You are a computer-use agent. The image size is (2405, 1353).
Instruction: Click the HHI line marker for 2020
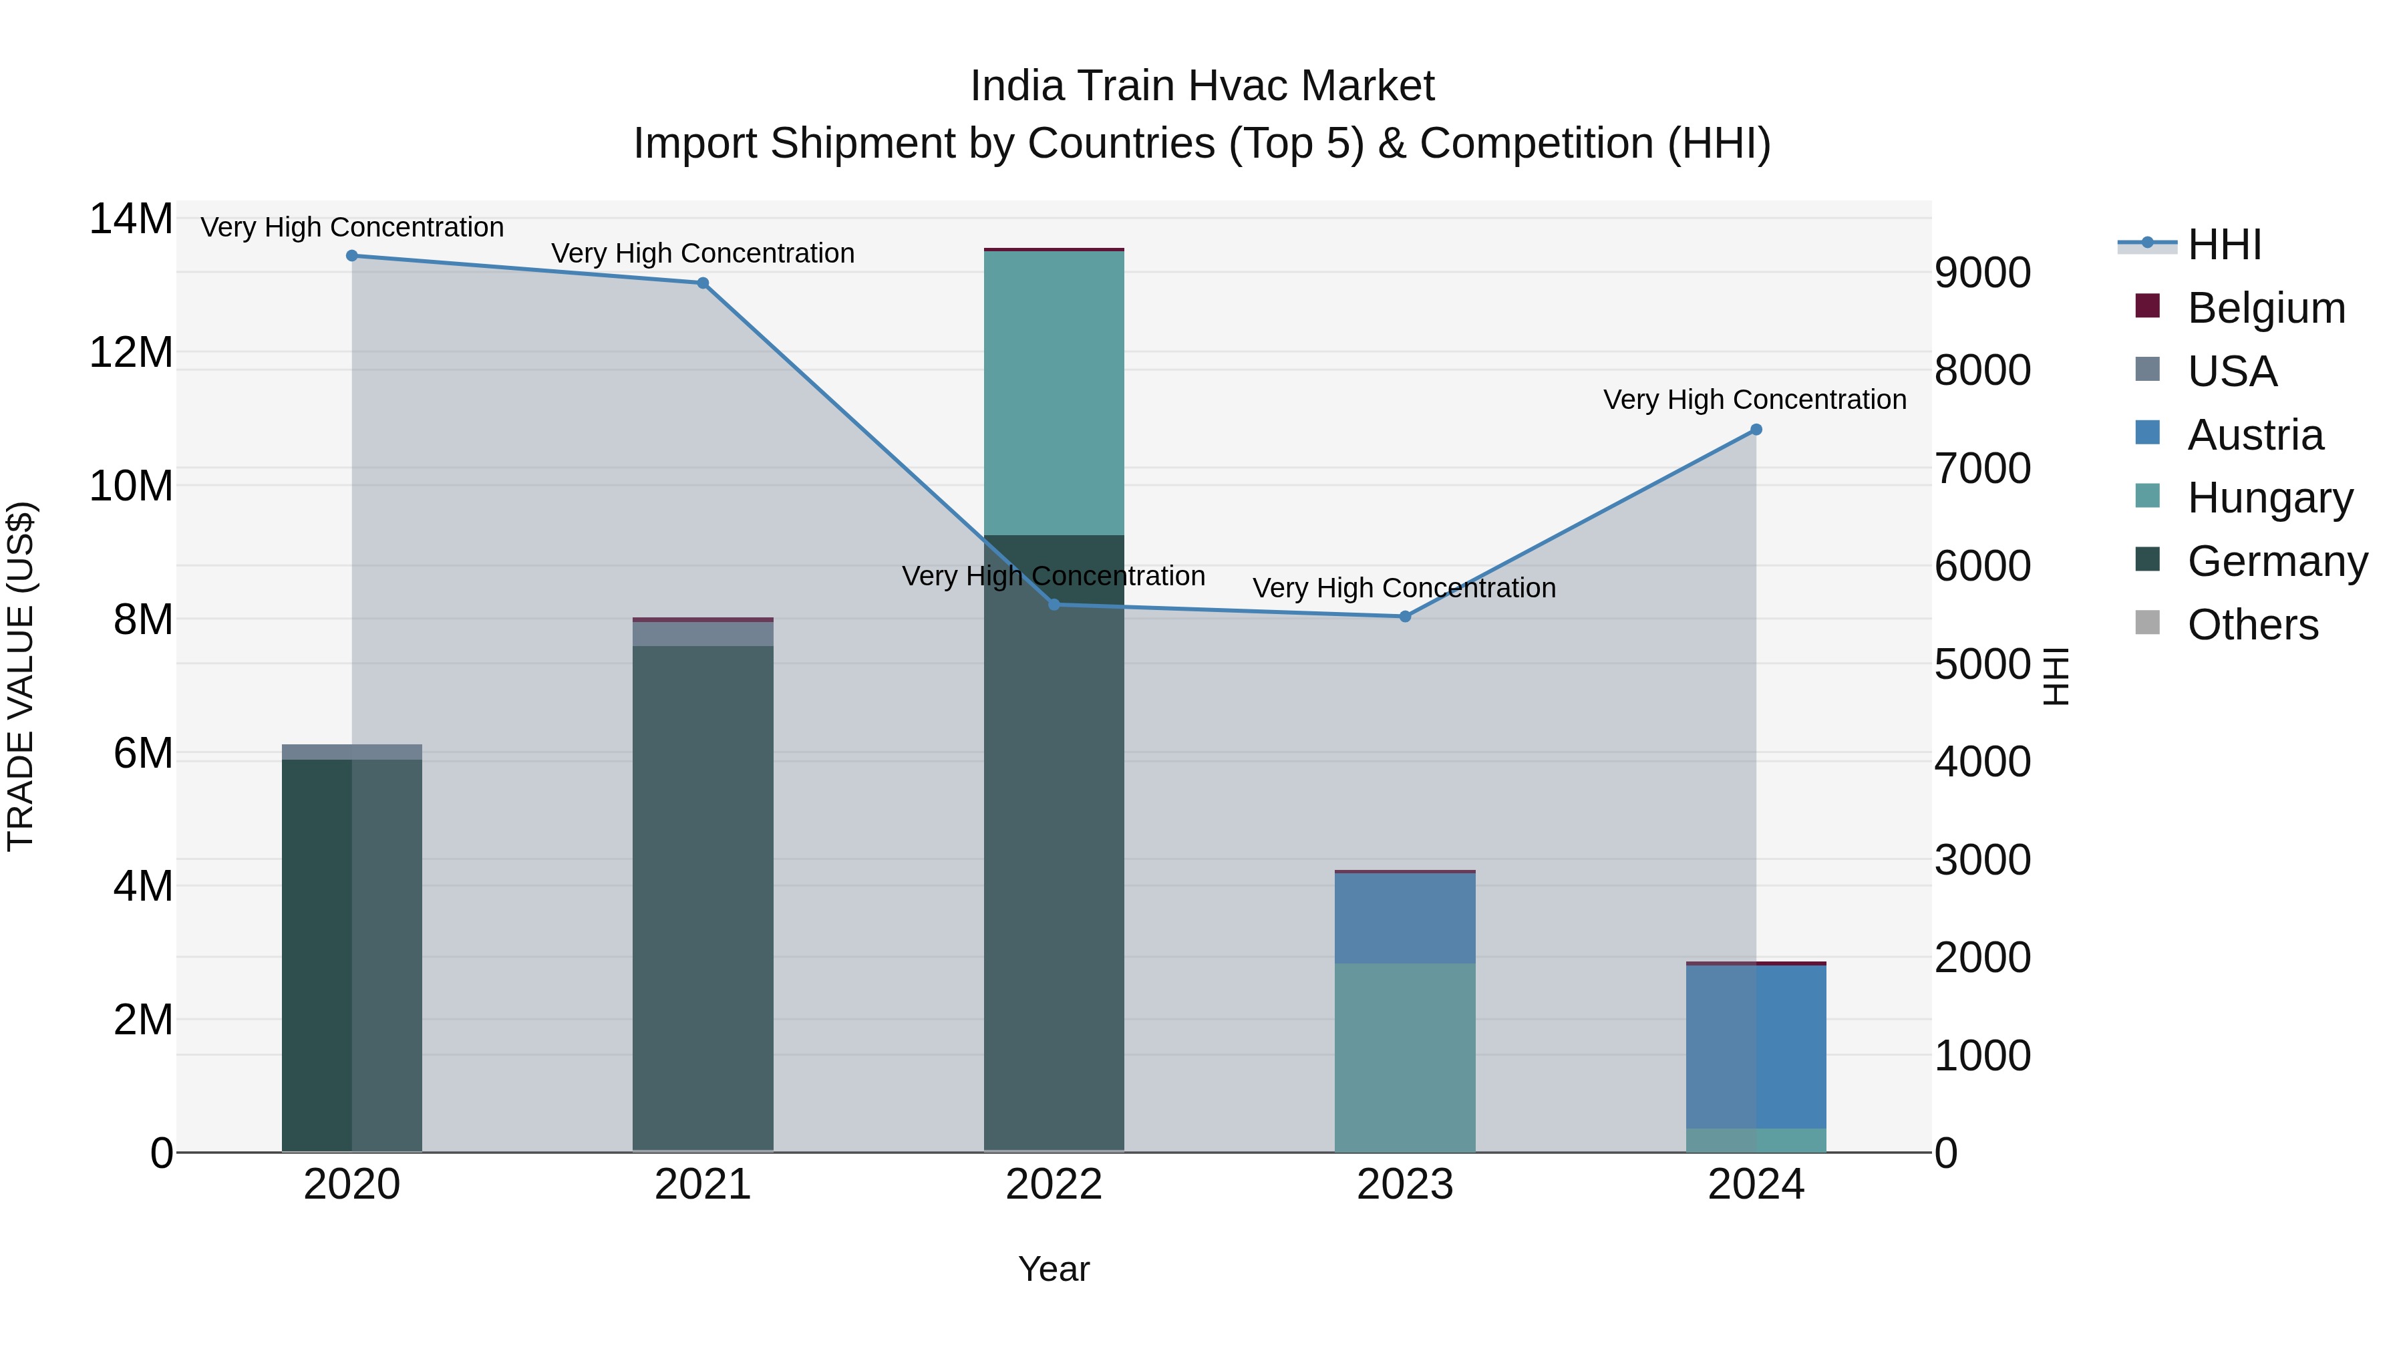tap(352, 256)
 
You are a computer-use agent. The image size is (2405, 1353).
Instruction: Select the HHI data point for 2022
tap(1054, 605)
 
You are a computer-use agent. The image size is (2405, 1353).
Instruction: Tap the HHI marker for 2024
tap(1756, 430)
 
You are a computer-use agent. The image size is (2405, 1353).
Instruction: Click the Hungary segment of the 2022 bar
tap(1054, 392)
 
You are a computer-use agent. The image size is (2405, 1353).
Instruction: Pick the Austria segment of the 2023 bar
tap(1405, 918)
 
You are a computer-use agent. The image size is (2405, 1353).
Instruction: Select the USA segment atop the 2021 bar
tap(703, 634)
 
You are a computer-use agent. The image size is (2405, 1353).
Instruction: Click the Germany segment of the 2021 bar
tap(703, 897)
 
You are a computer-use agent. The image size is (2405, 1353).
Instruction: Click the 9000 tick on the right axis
tap(1982, 273)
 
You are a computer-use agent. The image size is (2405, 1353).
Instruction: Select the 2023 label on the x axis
tap(1405, 1185)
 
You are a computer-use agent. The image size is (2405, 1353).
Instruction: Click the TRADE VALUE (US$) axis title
tap(21, 676)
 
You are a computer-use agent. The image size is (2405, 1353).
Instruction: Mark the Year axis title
tap(1054, 1269)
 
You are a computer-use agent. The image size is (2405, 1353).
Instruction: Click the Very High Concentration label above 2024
tap(1754, 400)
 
